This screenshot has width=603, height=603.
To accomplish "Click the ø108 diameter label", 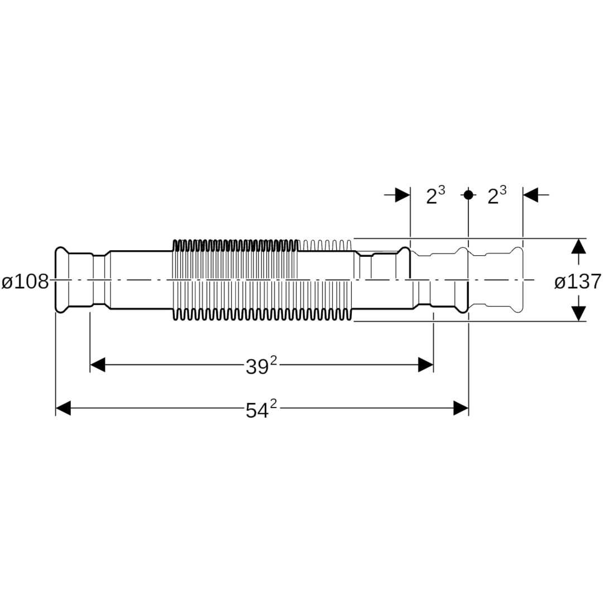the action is (25, 282).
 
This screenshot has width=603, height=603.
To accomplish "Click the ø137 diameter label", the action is (577, 282).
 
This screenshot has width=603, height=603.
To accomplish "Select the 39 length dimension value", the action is (257, 367).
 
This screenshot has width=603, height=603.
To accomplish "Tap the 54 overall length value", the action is (257, 410).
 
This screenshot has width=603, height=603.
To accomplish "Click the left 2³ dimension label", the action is (435, 195).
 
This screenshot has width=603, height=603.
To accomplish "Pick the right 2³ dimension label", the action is (497, 195).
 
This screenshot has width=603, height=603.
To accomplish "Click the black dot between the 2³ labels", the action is (468, 195).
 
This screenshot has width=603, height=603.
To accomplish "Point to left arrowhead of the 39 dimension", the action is (98, 365).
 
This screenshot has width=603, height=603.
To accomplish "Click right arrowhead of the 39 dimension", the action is (425, 365).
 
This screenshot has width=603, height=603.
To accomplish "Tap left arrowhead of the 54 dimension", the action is (64, 408).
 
